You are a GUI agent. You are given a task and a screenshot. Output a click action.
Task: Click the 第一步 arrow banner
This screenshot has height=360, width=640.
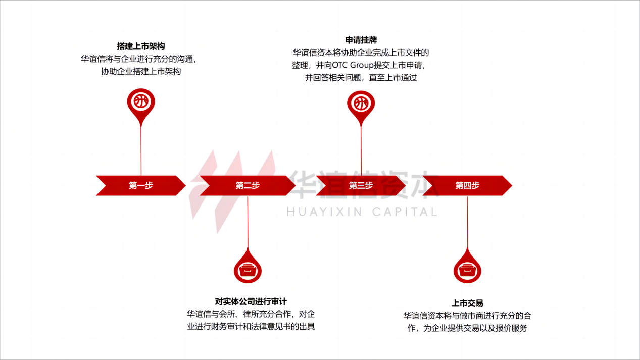click(140, 185)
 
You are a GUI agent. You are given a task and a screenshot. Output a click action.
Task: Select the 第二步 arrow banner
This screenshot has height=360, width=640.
click(248, 185)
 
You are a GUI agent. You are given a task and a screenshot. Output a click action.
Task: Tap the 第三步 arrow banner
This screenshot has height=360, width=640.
click(361, 185)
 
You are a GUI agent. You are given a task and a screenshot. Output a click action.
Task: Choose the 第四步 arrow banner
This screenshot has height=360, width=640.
click(467, 185)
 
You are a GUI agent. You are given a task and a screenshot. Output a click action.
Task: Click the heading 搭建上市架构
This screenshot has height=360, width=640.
click(140, 46)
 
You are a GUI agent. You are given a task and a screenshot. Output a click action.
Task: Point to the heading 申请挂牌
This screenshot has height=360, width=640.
click(361, 40)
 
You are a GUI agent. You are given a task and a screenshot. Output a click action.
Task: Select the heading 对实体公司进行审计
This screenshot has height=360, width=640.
click(251, 302)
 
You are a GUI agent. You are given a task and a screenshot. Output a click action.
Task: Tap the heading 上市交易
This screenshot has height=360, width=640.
click(467, 303)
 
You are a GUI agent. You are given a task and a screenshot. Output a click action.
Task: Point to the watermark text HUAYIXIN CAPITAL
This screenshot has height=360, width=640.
click(362, 212)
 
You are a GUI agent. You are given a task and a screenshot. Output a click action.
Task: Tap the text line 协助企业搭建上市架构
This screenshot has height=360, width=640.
click(140, 72)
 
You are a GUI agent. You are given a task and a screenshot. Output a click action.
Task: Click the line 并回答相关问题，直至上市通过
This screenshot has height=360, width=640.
click(361, 78)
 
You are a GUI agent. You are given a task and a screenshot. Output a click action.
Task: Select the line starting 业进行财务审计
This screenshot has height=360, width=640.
click(251, 326)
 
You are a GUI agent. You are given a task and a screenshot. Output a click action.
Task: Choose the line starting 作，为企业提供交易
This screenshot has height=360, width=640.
click(467, 328)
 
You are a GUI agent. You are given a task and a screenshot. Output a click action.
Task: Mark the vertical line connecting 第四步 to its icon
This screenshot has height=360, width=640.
click(467, 222)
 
